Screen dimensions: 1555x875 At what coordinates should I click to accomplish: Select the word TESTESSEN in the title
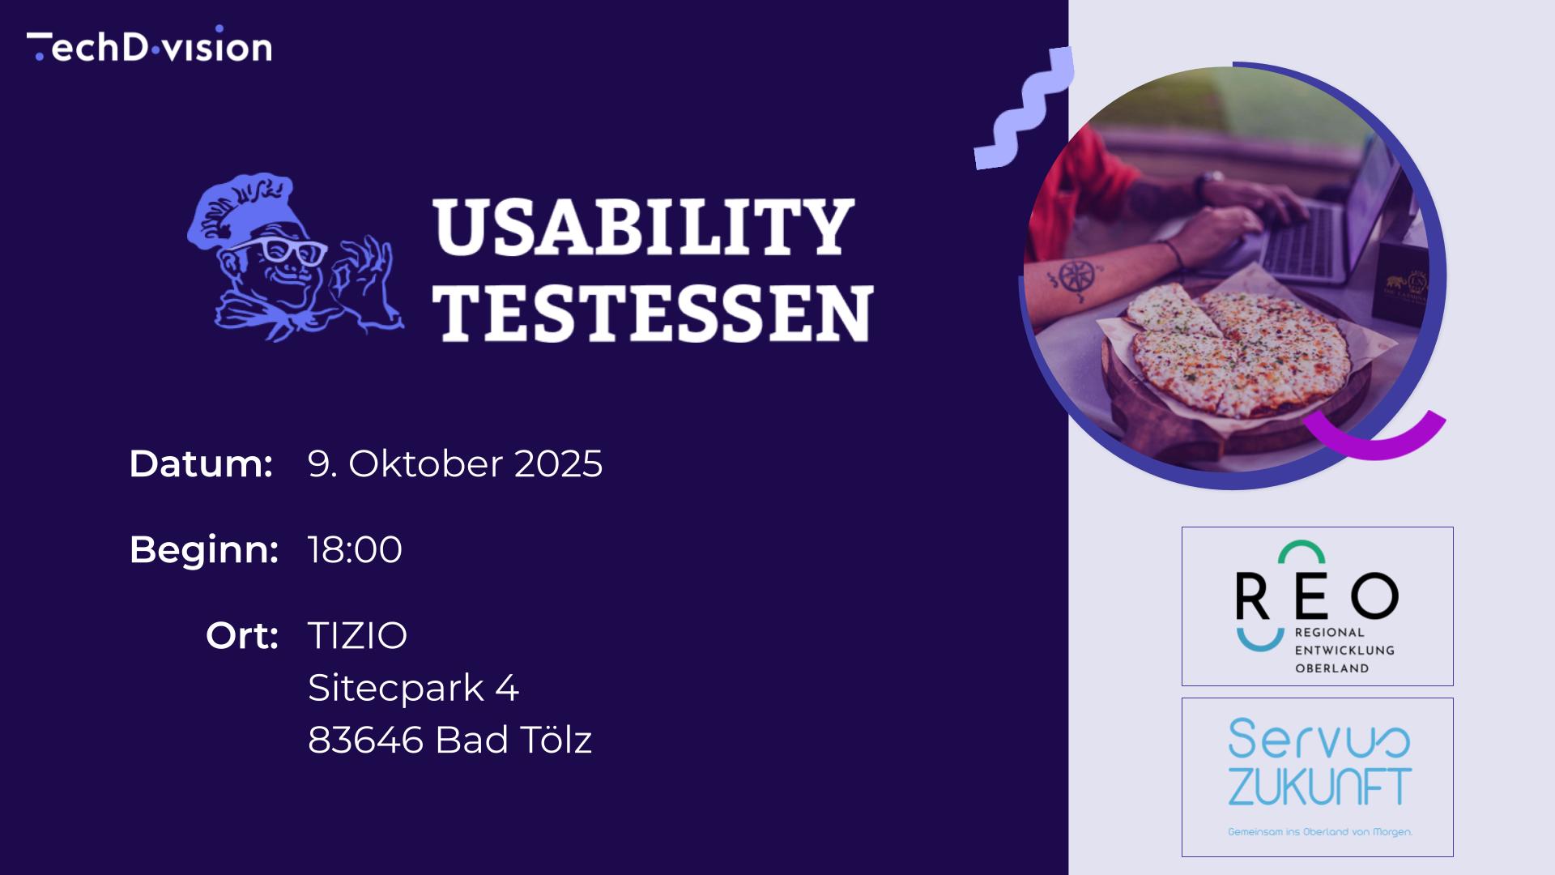[653, 313]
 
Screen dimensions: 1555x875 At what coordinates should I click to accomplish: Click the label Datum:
[201, 463]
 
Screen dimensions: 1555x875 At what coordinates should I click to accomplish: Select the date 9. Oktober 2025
[455, 463]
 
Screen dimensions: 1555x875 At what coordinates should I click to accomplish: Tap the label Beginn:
[204, 549]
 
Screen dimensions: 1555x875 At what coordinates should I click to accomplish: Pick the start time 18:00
[355, 549]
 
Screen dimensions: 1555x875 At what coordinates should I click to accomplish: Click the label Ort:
[242, 635]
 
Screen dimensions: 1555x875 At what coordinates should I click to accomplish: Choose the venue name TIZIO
[357, 635]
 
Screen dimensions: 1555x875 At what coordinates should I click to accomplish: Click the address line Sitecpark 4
[413, 688]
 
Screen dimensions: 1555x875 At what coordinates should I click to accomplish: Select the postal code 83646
[365, 740]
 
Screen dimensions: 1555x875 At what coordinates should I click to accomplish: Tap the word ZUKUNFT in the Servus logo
[1320, 787]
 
